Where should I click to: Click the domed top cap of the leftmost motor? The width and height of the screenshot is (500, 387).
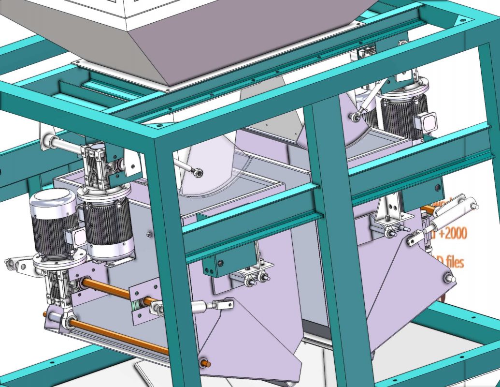point(53,199)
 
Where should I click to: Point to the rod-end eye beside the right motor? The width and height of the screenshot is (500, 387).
point(356,117)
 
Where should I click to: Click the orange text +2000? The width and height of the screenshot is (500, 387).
point(453,235)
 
